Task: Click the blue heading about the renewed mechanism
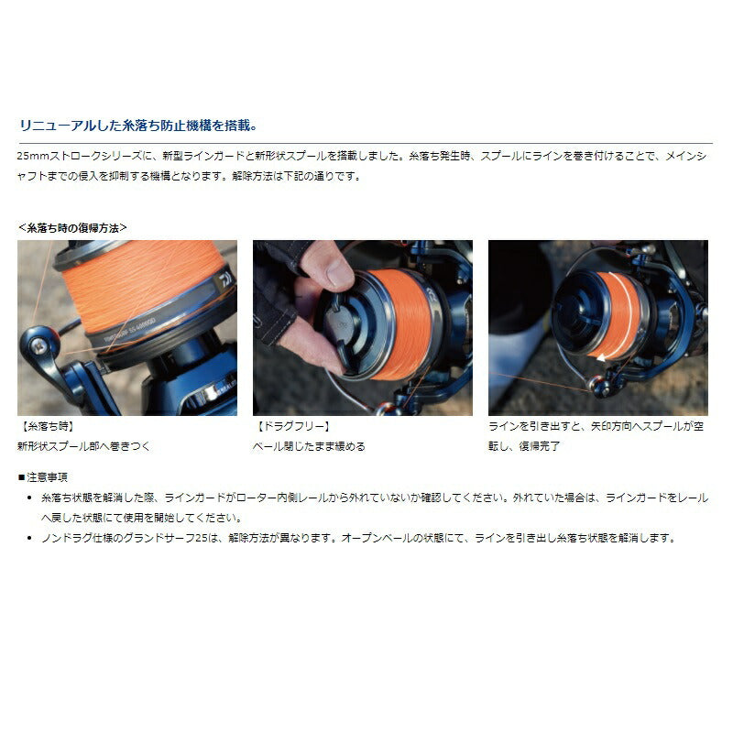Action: tap(137, 126)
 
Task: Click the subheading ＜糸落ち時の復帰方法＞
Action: tap(72, 226)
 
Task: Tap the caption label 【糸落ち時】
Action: tap(46, 427)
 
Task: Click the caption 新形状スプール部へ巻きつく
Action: tap(83, 446)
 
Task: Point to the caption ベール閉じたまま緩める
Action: tap(309, 446)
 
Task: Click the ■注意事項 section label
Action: tap(42, 477)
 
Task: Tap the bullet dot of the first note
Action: tap(31, 497)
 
